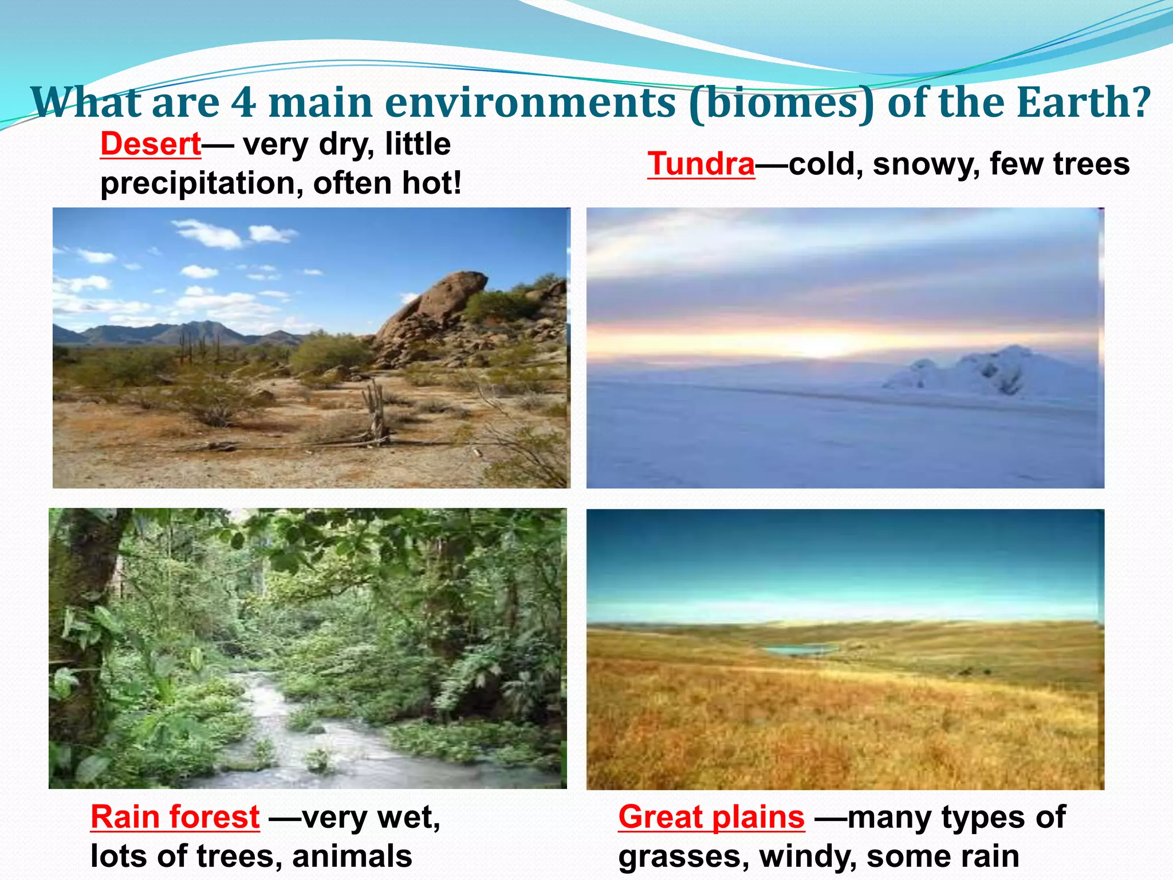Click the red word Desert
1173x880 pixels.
click(x=150, y=144)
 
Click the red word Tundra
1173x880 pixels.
click(x=701, y=164)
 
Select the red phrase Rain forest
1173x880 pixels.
click(x=175, y=816)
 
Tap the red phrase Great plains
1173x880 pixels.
click(x=711, y=816)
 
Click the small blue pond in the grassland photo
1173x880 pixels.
click(x=799, y=650)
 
